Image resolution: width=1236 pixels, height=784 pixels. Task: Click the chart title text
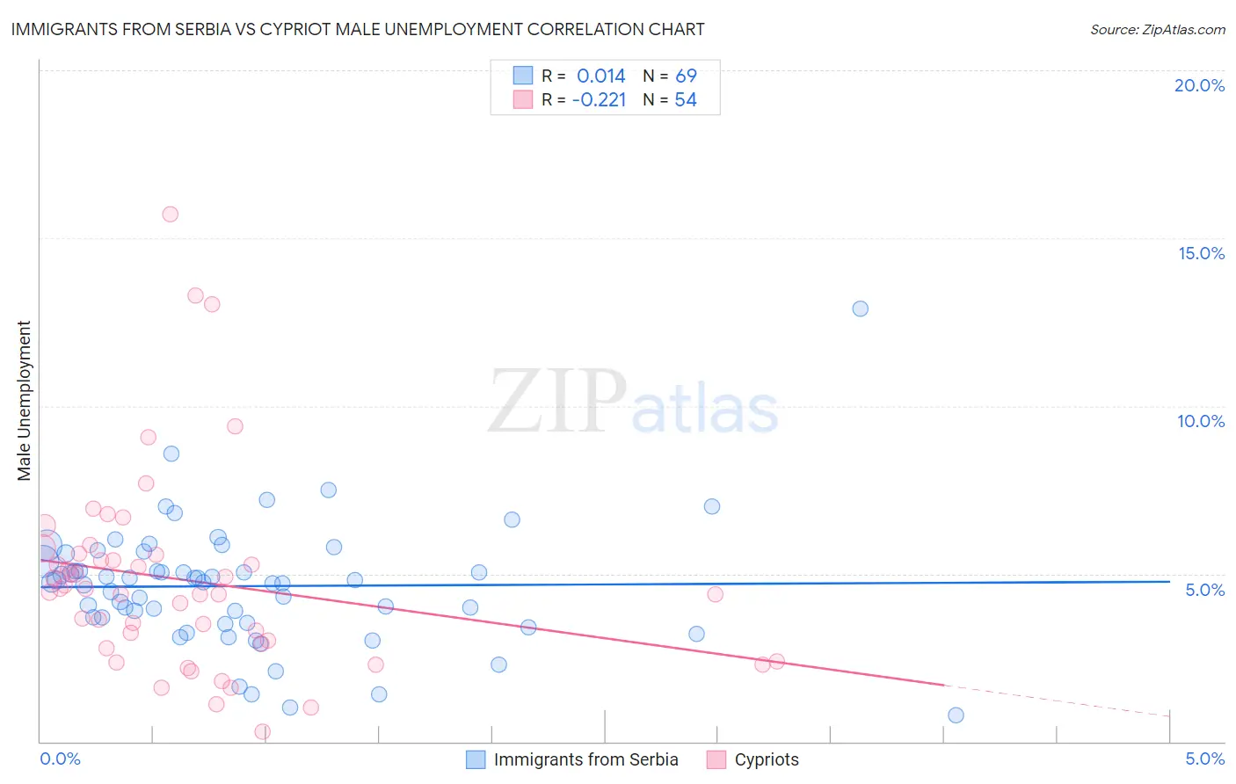pyautogui.click(x=358, y=29)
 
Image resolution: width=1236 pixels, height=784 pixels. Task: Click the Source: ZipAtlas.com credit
pyautogui.click(x=1157, y=30)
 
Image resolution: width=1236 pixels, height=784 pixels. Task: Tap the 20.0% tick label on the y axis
pyautogui.click(x=1199, y=85)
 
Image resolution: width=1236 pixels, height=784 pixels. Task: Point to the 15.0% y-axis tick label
pyautogui.click(x=1201, y=253)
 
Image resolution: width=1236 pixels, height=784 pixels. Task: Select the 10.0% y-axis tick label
pyautogui.click(x=1201, y=421)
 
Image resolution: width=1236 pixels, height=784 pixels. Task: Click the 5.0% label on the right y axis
pyautogui.click(x=1204, y=590)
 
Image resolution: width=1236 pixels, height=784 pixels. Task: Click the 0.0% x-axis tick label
pyautogui.click(x=60, y=759)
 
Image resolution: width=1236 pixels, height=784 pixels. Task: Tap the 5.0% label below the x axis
pyautogui.click(x=1204, y=759)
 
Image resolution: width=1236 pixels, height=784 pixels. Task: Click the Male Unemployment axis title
pyautogui.click(x=24, y=401)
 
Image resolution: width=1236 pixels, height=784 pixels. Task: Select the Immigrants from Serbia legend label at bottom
pyautogui.click(x=585, y=759)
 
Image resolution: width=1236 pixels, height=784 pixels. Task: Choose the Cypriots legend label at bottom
pyautogui.click(x=767, y=759)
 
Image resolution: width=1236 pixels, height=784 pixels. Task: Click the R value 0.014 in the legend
pyautogui.click(x=601, y=76)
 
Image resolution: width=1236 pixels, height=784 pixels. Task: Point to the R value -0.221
pyautogui.click(x=599, y=100)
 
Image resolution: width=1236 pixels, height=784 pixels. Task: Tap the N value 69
pyautogui.click(x=686, y=76)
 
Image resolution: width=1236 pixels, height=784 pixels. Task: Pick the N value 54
pyautogui.click(x=686, y=100)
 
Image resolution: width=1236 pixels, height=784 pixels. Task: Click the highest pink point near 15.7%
pyautogui.click(x=171, y=214)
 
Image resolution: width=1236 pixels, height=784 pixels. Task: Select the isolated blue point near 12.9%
pyautogui.click(x=861, y=309)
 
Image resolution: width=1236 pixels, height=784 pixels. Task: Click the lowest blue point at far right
pyautogui.click(x=956, y=715)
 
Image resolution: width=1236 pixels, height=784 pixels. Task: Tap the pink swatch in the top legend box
pyautogui.click(x=523, y=99)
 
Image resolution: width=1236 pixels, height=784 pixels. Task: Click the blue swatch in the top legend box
pyautogui.click(x=523, y=76)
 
